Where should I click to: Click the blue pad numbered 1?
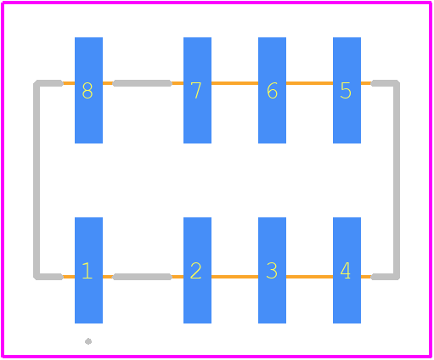88,270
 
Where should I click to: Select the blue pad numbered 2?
197,270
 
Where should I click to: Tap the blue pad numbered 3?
272,270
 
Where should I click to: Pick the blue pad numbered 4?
347,270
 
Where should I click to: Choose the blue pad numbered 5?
347,90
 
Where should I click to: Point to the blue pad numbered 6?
272,90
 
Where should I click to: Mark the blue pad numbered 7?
197,90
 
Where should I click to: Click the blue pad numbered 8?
88,90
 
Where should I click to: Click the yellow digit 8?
87,91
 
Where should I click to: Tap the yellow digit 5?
346,91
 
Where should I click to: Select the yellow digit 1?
87,271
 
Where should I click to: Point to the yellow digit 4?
346,271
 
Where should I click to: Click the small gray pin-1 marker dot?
88,341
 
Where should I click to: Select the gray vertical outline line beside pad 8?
37,180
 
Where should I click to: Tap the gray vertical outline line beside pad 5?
397,180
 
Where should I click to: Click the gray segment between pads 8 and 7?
143,83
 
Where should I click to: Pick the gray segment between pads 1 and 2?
143,277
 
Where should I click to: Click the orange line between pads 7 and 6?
234,83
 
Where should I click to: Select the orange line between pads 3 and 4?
309,277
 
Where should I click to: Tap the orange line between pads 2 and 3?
234,277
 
